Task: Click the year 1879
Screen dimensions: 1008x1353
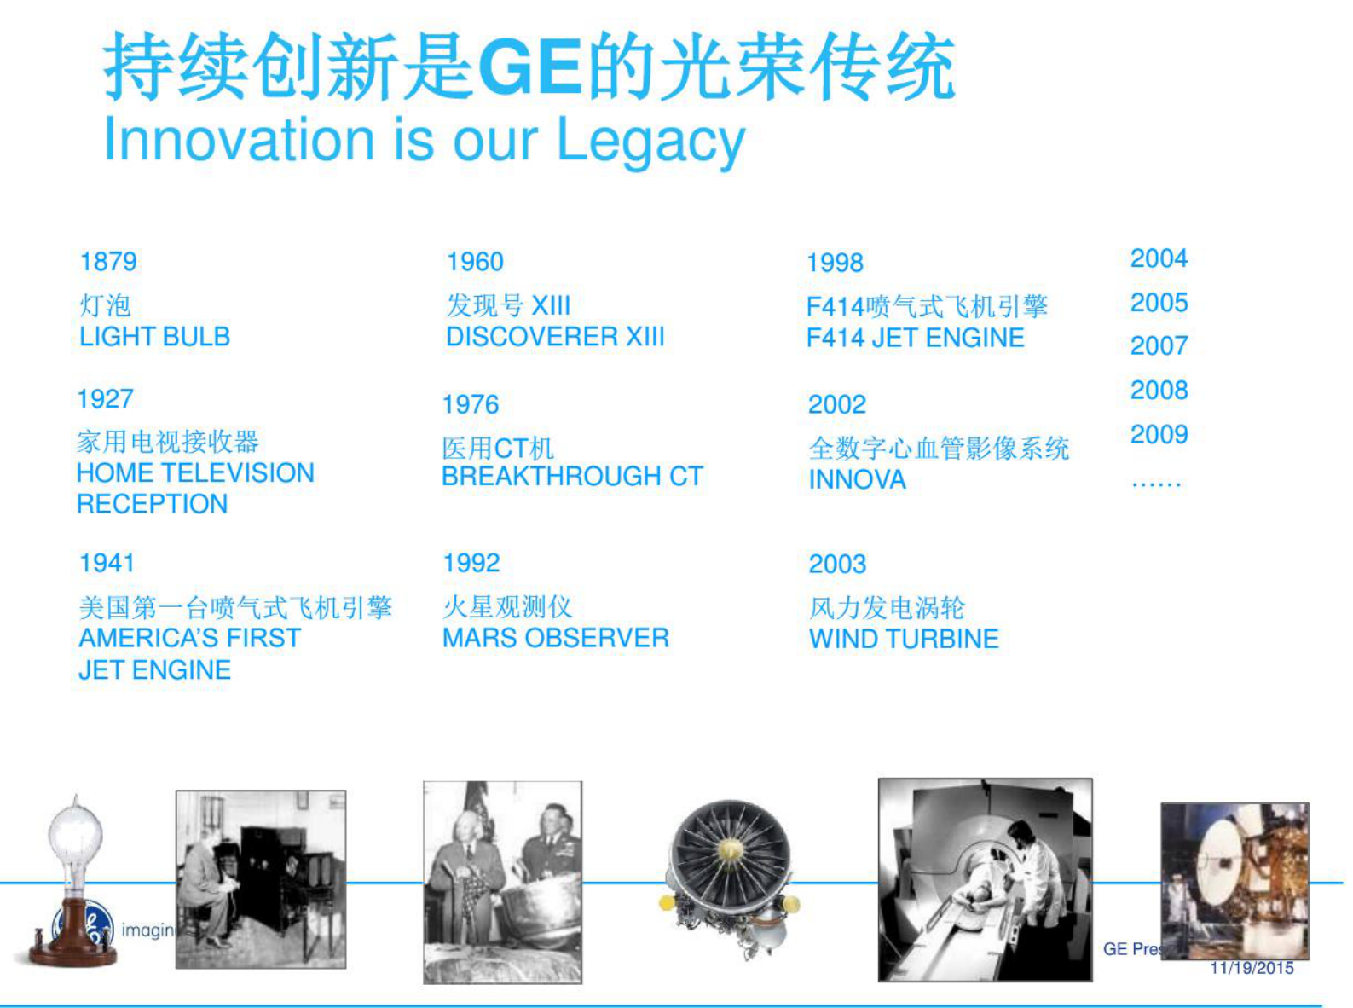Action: point(108,262)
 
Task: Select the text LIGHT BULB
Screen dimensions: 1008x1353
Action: point(154,337)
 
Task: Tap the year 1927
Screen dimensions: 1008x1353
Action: point(106,398)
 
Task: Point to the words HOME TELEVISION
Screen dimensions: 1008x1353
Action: point(195,472)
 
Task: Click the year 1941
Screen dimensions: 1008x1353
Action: point(107,563)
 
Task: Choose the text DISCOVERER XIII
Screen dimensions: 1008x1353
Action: point(555,337)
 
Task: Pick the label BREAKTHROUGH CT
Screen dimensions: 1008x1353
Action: point(572,476)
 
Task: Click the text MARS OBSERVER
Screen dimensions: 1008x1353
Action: point(555,638)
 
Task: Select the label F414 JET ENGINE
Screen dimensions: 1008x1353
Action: point(915,338)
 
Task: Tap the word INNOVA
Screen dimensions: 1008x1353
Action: point(857,480)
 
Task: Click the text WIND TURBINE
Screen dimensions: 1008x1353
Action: point(904,639)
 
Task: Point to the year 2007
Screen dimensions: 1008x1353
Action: point(1159,346)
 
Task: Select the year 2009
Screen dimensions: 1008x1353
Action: point(1159,435)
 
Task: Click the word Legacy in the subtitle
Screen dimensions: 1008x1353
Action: point(650,141)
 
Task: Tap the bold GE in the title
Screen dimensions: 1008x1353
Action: point(530,67)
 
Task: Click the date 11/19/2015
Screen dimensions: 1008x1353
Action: point(1252,968)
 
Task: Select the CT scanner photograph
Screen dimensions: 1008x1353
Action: point(985,879)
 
